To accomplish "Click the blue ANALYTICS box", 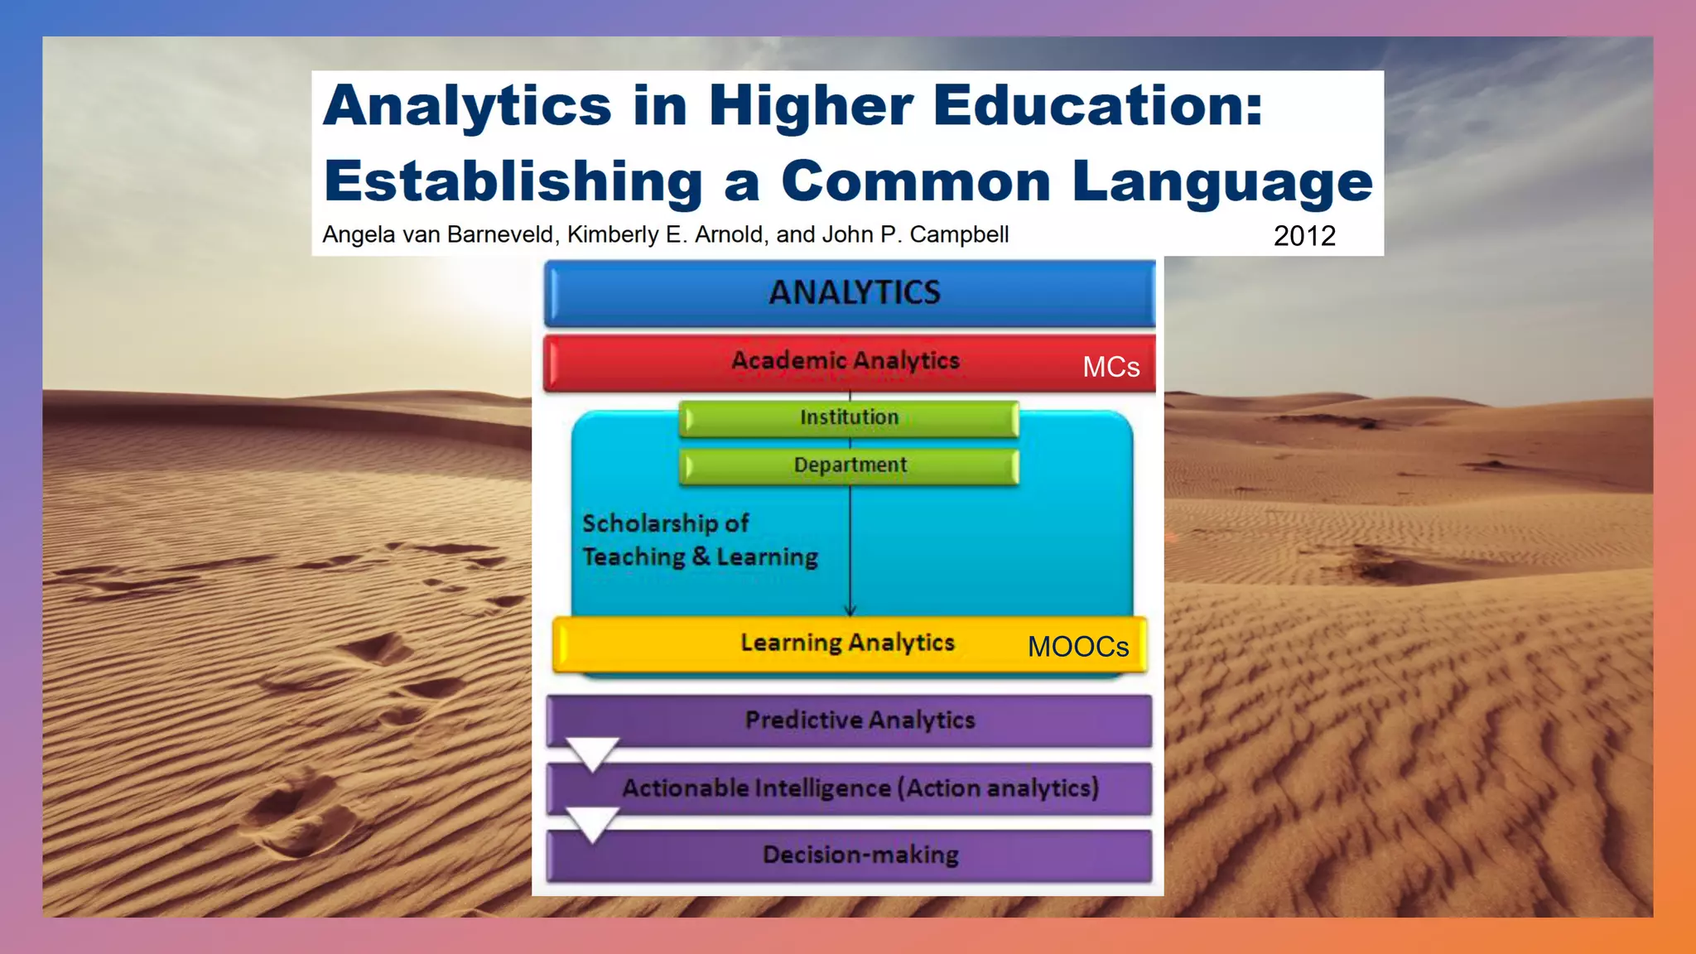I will pos(850,293).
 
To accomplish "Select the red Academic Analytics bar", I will pos(845,361).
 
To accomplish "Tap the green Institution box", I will pos(849,418).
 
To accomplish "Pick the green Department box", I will pos(850,465).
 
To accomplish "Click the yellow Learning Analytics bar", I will pos(847,643).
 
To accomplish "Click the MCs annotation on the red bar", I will pos(1111,368).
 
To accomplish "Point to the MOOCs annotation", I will pos(1077,647).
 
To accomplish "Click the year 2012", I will pos(1303,236).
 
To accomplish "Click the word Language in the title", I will pos(1222,182).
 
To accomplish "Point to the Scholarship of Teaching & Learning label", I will pos(700,540).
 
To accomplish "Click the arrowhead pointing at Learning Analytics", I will pos(850,611).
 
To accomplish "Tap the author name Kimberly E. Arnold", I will pos(665,235).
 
